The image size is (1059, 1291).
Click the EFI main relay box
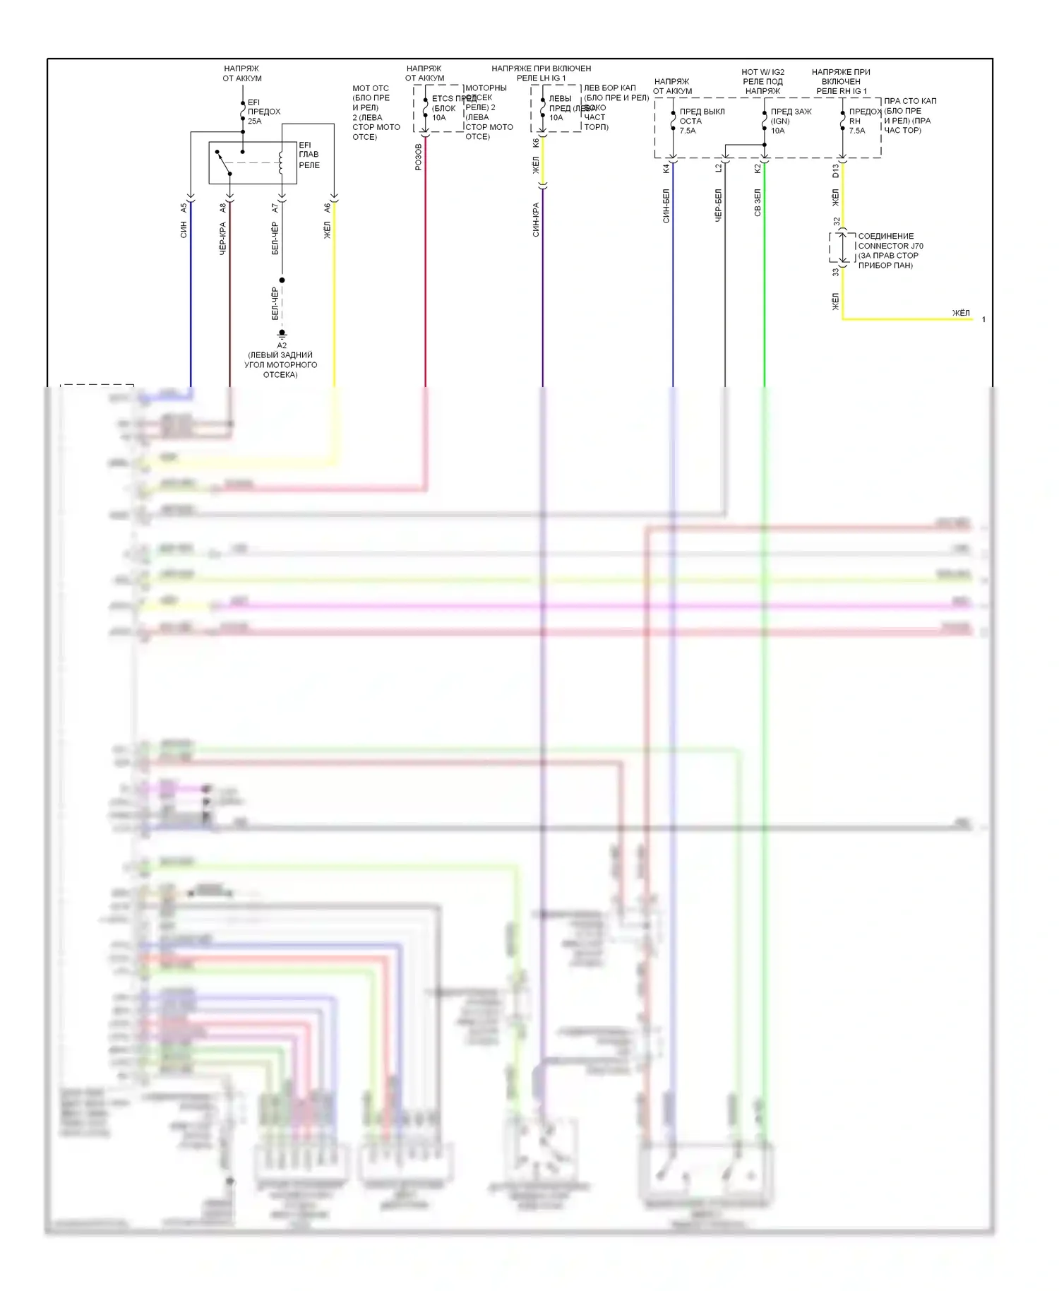click(252, 163)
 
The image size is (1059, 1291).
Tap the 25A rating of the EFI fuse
click(254, 121)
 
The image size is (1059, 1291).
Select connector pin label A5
click(184, 208)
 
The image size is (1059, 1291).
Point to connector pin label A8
click(223, 208)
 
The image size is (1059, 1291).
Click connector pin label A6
click(327, 208)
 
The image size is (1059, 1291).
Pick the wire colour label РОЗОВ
click(419, 157)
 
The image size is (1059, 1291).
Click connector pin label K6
click(536, 143)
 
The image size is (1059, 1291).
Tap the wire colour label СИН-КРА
click(536, 220)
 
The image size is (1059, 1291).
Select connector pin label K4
click(666, 169)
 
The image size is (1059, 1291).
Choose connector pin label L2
click(718, 169)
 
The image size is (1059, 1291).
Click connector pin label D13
click(835, 170)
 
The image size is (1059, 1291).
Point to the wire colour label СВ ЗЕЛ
click(758, 203)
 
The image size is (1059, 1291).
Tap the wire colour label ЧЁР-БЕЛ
click(718, 206)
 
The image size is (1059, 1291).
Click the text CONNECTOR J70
click(890, 246)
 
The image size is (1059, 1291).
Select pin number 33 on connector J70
click(835, 272)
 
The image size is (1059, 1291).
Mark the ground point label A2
click(282, 345)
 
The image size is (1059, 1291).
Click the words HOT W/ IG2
click(762, 72)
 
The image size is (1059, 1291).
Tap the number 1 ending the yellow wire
click(983, 320)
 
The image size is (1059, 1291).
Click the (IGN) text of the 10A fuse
click(780, 121)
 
